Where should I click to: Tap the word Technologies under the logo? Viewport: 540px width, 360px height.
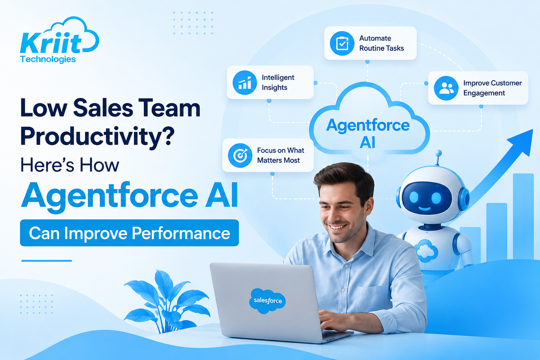[x=48, y=59]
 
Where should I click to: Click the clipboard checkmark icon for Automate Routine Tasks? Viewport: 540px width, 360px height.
[x=342, y=43]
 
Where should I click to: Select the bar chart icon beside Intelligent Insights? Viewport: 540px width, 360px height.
[x=244, y=83]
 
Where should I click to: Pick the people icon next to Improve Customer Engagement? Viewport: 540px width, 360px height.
[x=446, y=88]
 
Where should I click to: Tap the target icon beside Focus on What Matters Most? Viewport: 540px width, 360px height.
[x=240, y=155]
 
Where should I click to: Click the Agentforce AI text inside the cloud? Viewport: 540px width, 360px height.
[x=368, y=133]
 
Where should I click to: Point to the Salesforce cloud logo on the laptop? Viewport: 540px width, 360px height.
[x=268, y=301]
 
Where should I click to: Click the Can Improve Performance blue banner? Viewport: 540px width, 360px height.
[x=129, y=233]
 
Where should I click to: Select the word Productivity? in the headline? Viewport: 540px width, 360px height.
[x=97, y=136]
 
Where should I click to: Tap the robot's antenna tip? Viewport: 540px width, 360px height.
[x=439, y=153]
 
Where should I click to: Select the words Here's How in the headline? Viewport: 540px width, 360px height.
[x=70, y=165]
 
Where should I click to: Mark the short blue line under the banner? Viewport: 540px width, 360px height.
[x=46, y=261]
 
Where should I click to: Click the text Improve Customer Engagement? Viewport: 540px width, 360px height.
[x=492, y=88]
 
